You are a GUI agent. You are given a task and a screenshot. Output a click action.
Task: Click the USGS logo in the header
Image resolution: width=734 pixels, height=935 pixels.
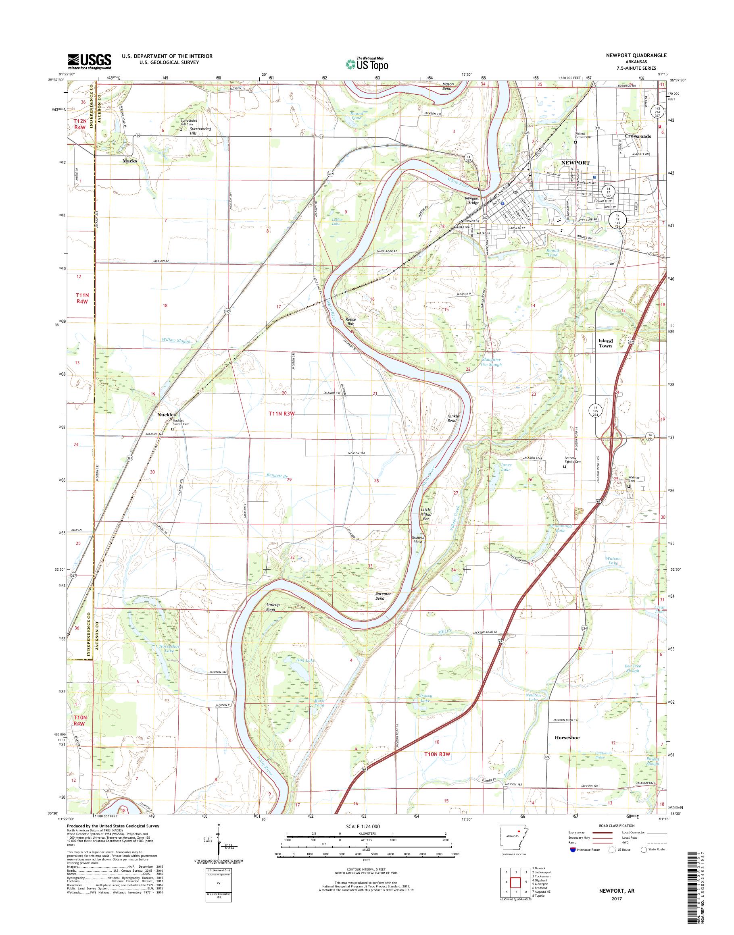point(90,61)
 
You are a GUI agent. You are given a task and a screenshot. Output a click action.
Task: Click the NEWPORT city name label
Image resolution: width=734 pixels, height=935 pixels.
point(576,163)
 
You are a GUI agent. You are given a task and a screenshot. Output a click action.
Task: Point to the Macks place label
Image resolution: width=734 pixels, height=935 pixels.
point(130,161)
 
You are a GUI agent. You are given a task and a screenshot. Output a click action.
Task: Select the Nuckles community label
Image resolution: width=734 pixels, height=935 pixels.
point(166,414)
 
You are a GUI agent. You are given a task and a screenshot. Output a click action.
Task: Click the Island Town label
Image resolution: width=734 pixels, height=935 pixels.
point(605,343)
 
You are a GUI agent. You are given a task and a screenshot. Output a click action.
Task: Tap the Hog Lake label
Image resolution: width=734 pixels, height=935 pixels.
point(306,660)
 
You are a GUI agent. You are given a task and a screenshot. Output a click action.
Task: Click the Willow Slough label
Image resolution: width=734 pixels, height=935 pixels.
point(176,341)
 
